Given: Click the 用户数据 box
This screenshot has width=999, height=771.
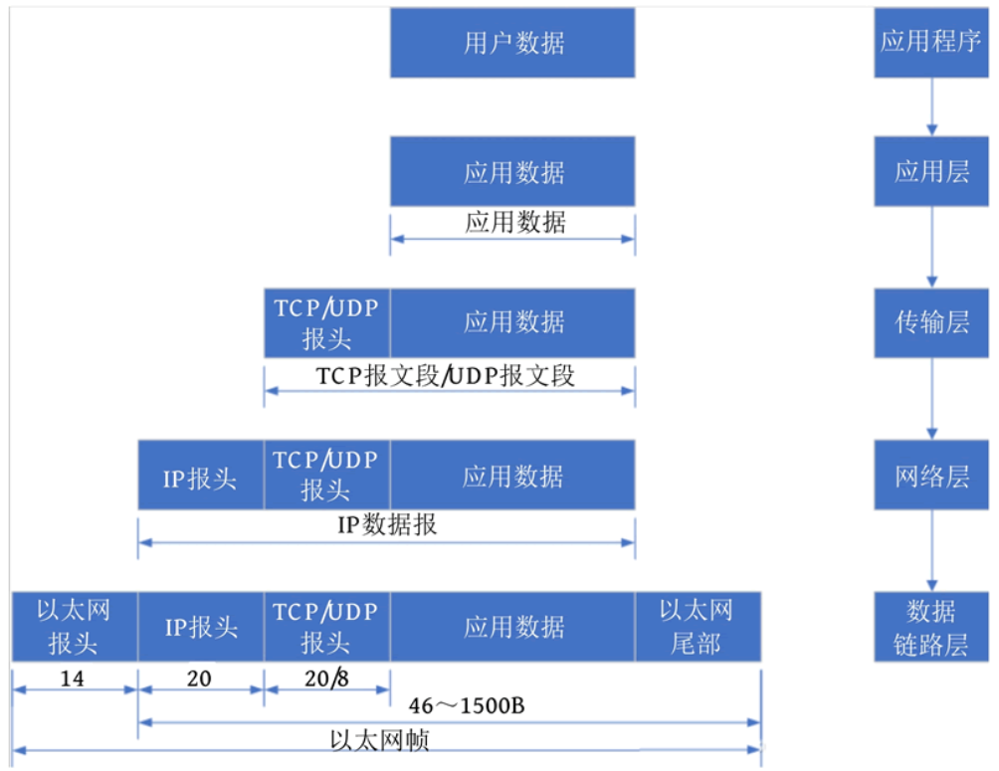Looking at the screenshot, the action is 512,43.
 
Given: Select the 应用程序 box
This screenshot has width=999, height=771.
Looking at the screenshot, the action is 930,43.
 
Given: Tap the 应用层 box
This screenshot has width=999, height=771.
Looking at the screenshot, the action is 930,171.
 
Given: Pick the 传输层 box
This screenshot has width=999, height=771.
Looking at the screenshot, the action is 930,322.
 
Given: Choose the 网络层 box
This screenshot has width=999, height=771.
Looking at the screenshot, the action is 930,475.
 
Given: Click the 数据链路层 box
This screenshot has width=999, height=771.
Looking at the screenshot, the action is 930,627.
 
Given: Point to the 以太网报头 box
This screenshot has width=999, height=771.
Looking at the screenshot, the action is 75,627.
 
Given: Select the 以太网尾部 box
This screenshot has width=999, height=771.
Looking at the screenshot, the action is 698,627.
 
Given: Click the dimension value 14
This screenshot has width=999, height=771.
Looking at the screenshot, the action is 72,678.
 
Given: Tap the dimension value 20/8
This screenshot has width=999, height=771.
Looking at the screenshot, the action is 326,678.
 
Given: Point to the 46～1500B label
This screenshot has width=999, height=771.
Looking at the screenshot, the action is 467,706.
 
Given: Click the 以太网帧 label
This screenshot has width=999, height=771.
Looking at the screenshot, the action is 379,740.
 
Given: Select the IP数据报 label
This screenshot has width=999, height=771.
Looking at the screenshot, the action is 387,525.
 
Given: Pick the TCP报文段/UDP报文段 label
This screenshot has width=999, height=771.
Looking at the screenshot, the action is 446,376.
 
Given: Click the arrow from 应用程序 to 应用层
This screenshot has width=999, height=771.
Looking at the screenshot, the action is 931,107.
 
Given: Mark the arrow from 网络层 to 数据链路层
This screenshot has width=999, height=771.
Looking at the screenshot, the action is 931,550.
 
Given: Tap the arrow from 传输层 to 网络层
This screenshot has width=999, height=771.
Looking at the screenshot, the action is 931,398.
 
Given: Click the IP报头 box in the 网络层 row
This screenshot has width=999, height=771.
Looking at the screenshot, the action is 201,475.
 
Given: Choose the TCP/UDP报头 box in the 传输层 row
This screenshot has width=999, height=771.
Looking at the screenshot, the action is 326,322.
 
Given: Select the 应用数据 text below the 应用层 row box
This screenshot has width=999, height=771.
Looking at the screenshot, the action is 514,223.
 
